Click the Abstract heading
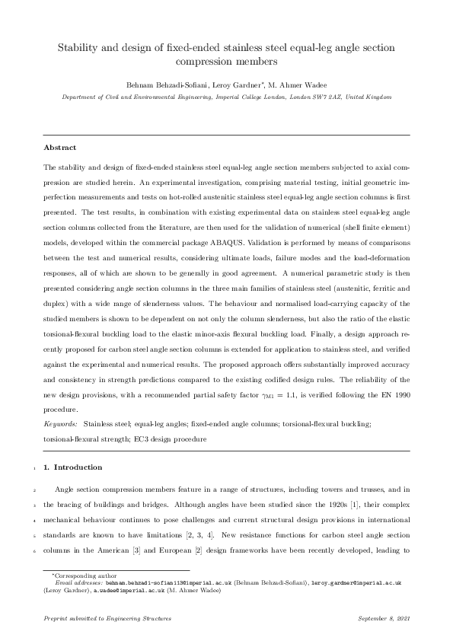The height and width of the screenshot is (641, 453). (60, 147)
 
